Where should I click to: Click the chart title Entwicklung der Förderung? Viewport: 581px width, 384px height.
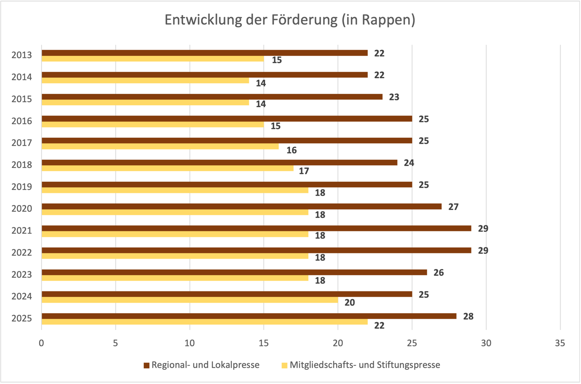pyautogui.click(x=290, y=20)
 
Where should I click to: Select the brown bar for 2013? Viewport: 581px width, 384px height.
pyautogui.click(x=205, y=53)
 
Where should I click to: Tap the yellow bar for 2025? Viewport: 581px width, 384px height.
pyautogui.click(x=205, y=322)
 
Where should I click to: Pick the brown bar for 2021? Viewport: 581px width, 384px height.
pyautogui.click(x=256, y=228)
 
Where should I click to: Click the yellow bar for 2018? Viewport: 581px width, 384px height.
pyautogui.click(x=167, y=168)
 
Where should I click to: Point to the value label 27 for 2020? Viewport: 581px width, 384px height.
pyautogui.click(x=453, y=207)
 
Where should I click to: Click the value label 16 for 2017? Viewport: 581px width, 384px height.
pyautogui.click(x=291, y=150)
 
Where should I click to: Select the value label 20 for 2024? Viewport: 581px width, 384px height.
pyautogui.click(x=349, y=303)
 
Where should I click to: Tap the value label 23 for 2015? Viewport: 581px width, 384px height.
pyautogui.click(x=394, y=97)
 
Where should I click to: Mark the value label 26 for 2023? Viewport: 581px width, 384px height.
pyautogui.click(x=438, y=273)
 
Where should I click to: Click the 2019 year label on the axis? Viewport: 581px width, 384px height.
pyautogui.click(x=22, y=187)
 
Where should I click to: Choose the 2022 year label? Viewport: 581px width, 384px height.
pyautogui.click(x=22, y=253)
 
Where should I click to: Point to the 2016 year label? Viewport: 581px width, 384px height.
pyautogui.click(x=22, y=121)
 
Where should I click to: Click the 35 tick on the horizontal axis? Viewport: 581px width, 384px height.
pyautogui.click(x=560, y=343)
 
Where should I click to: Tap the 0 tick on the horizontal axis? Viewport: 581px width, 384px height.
pyautogui.click(x=41, y=343)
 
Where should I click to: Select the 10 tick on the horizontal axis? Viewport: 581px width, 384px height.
pyautogui.click(x=189, y=343)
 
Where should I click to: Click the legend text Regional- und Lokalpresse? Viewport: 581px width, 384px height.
pyautogui.click(x=205, y=365)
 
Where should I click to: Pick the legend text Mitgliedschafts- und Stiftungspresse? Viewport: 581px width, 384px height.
pyautogui.click(x=365, y=365)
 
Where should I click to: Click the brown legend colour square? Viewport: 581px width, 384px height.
pyautogui.click(x=146, y=365)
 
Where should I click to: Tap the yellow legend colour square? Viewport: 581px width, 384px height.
pyautogui.click(x=285, y=365)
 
